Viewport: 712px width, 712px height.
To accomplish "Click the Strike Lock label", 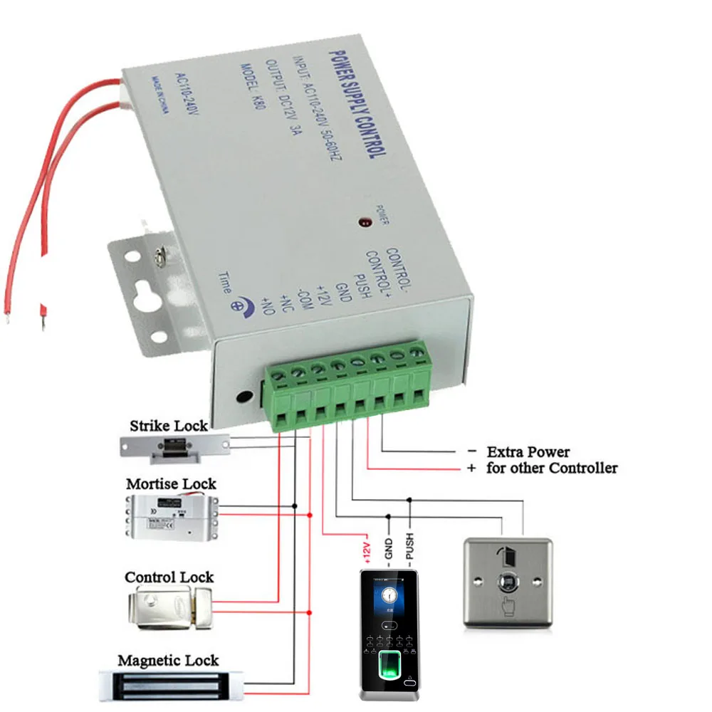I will point(168,426).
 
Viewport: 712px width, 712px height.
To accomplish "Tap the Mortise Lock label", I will point(171,484).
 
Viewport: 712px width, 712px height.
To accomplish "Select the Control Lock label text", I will point(169,577).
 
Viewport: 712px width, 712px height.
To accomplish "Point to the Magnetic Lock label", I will point(168,661).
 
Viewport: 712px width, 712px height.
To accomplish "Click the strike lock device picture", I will point(174,446).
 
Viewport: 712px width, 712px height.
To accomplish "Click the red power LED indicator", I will point(365,223).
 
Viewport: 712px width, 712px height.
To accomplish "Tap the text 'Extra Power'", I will point(528,451).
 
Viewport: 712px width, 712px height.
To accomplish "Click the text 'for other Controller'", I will point(551,468).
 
